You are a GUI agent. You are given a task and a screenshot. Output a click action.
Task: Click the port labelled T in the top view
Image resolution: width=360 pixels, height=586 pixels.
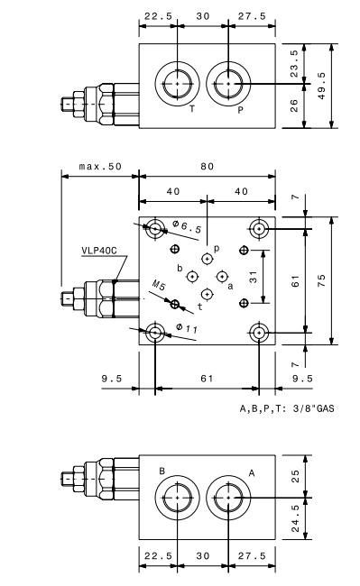(x=177, y=84)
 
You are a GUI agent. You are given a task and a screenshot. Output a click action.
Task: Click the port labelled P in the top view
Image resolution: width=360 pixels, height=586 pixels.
(x=228, y=84)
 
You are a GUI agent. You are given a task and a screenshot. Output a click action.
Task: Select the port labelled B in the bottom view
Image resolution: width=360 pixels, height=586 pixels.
(x=177, y=498)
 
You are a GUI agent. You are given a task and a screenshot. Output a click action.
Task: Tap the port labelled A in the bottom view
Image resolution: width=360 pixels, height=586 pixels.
(x=228, y=498)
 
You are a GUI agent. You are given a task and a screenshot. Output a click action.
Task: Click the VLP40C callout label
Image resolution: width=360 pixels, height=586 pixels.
(x=99, y=251)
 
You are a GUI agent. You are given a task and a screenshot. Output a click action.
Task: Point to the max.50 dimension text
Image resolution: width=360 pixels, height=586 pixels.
(x=100, y=166)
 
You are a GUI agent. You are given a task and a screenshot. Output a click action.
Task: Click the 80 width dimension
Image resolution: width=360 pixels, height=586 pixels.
(x=208, y=166)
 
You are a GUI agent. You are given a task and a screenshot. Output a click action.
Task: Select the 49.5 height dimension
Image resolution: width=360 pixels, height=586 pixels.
(x=322, y=86)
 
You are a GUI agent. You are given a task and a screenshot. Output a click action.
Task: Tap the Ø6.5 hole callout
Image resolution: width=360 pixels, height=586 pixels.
(x=187, y=226)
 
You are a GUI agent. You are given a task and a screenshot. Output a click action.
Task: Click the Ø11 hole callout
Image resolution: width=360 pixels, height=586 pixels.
(x=187, y=328)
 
